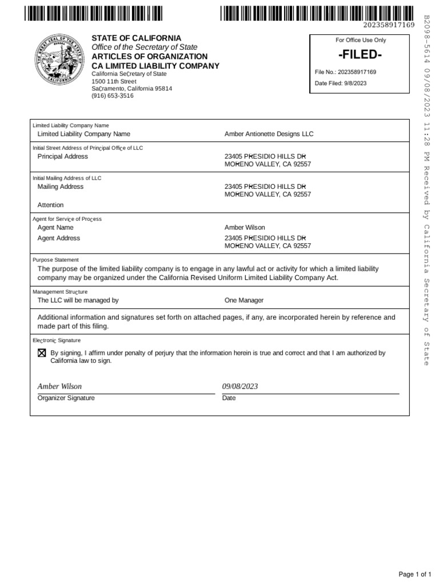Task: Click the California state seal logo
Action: pos(58,63)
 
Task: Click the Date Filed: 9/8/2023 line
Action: pos(341,83)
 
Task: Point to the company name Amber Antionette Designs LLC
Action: pos(269,134)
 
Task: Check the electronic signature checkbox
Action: pos(42,353)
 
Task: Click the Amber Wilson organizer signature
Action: pos(59,386)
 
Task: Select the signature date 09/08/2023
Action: pos(240,386)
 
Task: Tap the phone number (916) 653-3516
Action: pos(113,96)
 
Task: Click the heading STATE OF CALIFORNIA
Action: pos(137,38)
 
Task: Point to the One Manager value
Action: pos(244,300)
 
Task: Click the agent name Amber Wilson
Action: pos(245,228)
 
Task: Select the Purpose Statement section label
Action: pos(55,260)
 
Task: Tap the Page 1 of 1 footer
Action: pos(414,574)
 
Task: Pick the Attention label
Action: pos(50,205)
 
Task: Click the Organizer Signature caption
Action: pos(66,398)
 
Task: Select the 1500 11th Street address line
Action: pos(114,81)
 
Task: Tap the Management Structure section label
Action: pos(60,292)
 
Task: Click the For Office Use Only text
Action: pos(361,40)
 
